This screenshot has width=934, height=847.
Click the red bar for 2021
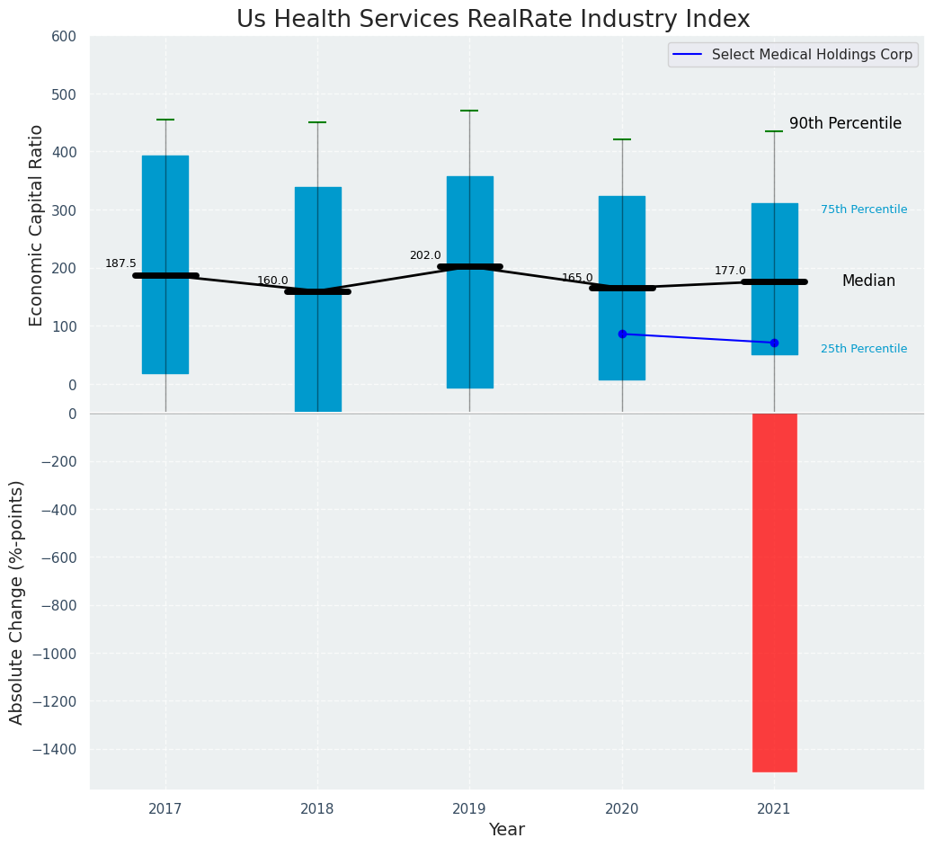(774, 592)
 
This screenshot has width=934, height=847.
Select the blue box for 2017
(165, 264)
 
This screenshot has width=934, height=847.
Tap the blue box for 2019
(469, 282)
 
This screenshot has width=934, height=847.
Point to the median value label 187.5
(120, 263)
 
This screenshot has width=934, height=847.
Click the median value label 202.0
(425, 255)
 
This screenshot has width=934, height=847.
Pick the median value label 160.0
(272, 281)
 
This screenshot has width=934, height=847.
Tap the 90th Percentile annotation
(845, 124)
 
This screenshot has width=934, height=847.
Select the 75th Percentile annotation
(863, 210)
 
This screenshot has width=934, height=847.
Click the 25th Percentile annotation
(863, 349)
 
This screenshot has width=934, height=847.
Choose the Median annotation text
(868, 281)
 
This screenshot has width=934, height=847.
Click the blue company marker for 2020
(622, 334)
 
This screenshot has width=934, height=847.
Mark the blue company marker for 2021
(774, 343)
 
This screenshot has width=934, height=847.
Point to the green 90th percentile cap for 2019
(469, 111)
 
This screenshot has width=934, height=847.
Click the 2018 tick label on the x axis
(317, 809)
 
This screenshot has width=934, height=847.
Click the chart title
(493, 20)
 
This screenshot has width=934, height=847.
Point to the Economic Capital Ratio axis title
(37, 225)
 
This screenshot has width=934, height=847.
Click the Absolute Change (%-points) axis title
(17, 602)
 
